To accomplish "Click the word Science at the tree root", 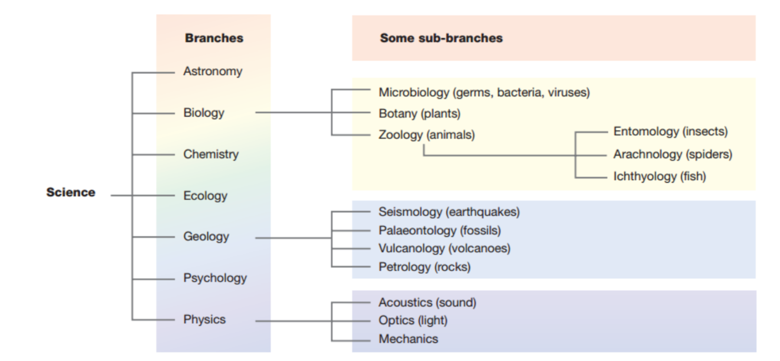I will (71, 192).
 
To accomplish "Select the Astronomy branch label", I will (212, 71).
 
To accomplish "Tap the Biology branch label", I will (204, 112).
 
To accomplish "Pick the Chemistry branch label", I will (210, 154).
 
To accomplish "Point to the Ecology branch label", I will (205, 196).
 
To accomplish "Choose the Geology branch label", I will (206, 236).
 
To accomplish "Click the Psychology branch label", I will (215, 278).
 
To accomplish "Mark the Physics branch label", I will (204, 319).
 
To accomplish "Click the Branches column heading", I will (214, 38).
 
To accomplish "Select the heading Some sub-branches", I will (441, 38).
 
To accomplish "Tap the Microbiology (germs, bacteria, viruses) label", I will (484, 93).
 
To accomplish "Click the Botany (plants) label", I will (419, 113).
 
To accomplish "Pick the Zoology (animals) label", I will (426, 135).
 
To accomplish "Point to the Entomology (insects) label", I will (670, 132).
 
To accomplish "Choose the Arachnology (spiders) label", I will (672, 154).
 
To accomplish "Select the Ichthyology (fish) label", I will (659, 176).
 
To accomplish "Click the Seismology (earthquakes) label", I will (449, 212).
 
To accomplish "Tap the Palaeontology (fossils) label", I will (439, 230).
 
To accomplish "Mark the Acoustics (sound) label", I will (427, 303).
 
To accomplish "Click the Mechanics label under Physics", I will (408, 339).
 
